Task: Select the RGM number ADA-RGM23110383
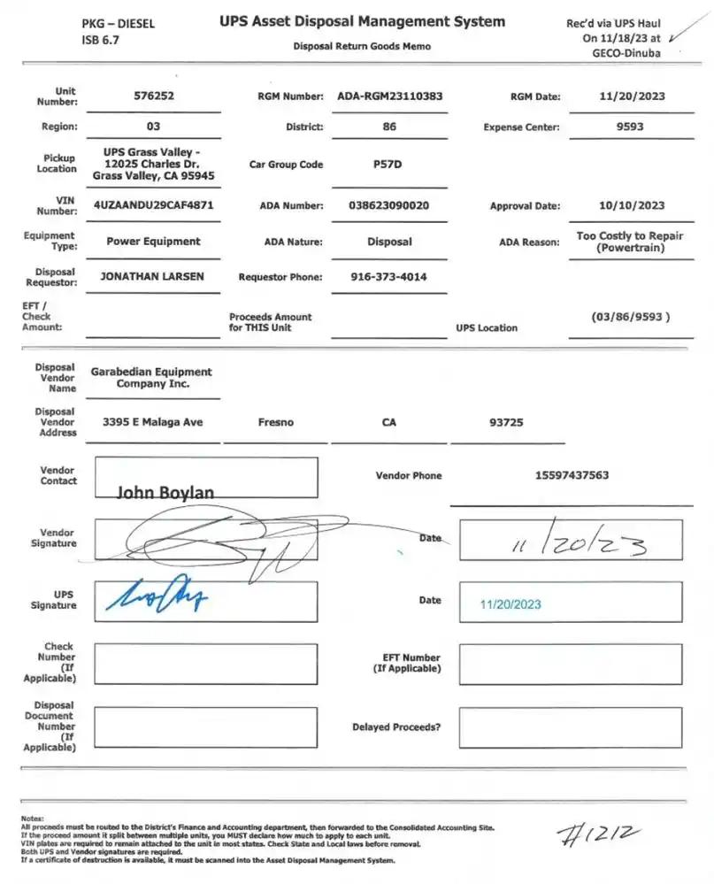389,96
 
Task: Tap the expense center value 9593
630,127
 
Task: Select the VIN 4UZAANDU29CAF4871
153,204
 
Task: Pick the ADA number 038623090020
389,205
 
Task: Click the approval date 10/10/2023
631,205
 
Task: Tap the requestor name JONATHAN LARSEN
152,276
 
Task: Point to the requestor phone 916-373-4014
389,277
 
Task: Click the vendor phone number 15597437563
572,475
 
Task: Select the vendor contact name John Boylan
165,492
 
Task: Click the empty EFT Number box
570,664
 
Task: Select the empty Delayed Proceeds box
570,727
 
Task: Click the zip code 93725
506,422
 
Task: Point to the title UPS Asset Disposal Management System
363,22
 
